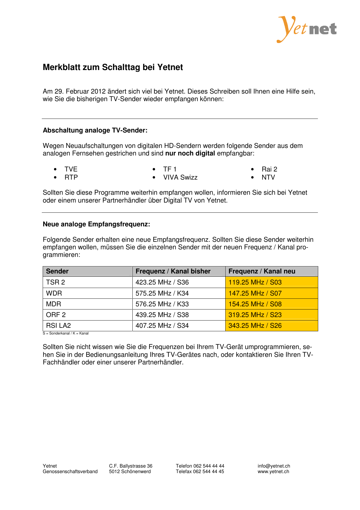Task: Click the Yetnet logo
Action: click(x=307, y=29)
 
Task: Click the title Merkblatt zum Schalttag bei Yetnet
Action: click(x=113, y=67)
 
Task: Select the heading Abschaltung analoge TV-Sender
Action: click(x=95, y=130)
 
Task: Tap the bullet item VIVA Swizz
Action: click(x=180, y=178)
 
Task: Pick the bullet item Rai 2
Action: click(x=269, y=169)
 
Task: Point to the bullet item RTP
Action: click(x=71, y=178)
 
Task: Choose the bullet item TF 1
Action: click(x=170, y=169)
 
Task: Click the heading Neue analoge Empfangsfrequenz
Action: click(x=96, y=224)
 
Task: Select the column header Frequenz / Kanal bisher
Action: click(x=173, y=271)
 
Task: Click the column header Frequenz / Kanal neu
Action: click(x=262, y=271)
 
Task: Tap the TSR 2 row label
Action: click(x=55, y=282)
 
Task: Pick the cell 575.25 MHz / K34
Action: click(x=162, y=294)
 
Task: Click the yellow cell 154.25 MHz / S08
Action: click(x=255, y=304)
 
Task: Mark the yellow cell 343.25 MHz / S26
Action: click(x=255, y=326)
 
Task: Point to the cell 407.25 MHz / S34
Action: click(x=162, y=326)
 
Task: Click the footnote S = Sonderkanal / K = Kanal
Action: click(x=66, y=334)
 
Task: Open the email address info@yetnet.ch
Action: click(x=274, y=466)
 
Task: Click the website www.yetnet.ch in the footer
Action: click(x=273, y=472)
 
